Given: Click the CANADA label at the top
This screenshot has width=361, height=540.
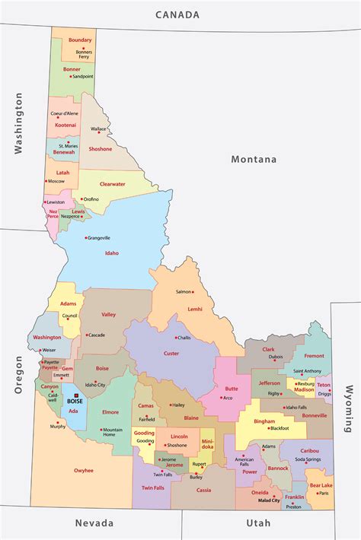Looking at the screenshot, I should tap(177, 14).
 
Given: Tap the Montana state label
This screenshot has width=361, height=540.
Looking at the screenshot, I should tap(254, 159).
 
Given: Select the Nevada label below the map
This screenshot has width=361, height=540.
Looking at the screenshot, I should tap(94, 523).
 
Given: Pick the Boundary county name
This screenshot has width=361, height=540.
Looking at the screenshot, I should tap(80, 40).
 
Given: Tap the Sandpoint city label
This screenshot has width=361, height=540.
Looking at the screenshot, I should tap(82, 76).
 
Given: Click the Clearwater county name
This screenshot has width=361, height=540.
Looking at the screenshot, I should tap(113, 183).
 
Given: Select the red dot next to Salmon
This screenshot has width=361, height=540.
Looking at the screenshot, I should tap(193, 292).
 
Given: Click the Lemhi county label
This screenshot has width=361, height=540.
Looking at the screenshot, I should tap(195, 309).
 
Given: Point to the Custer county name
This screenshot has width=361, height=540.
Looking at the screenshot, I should tap(171, 353).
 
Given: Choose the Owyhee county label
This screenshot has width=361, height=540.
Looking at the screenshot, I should tap(84, 470).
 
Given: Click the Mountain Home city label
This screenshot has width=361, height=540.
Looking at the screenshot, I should tap(112, 432).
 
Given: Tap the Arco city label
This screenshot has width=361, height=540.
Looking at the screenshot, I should tap(227, 397).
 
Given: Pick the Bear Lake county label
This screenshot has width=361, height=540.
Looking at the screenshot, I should tap(321, 484).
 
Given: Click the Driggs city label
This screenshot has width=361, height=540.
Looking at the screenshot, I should tap(324, 394).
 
